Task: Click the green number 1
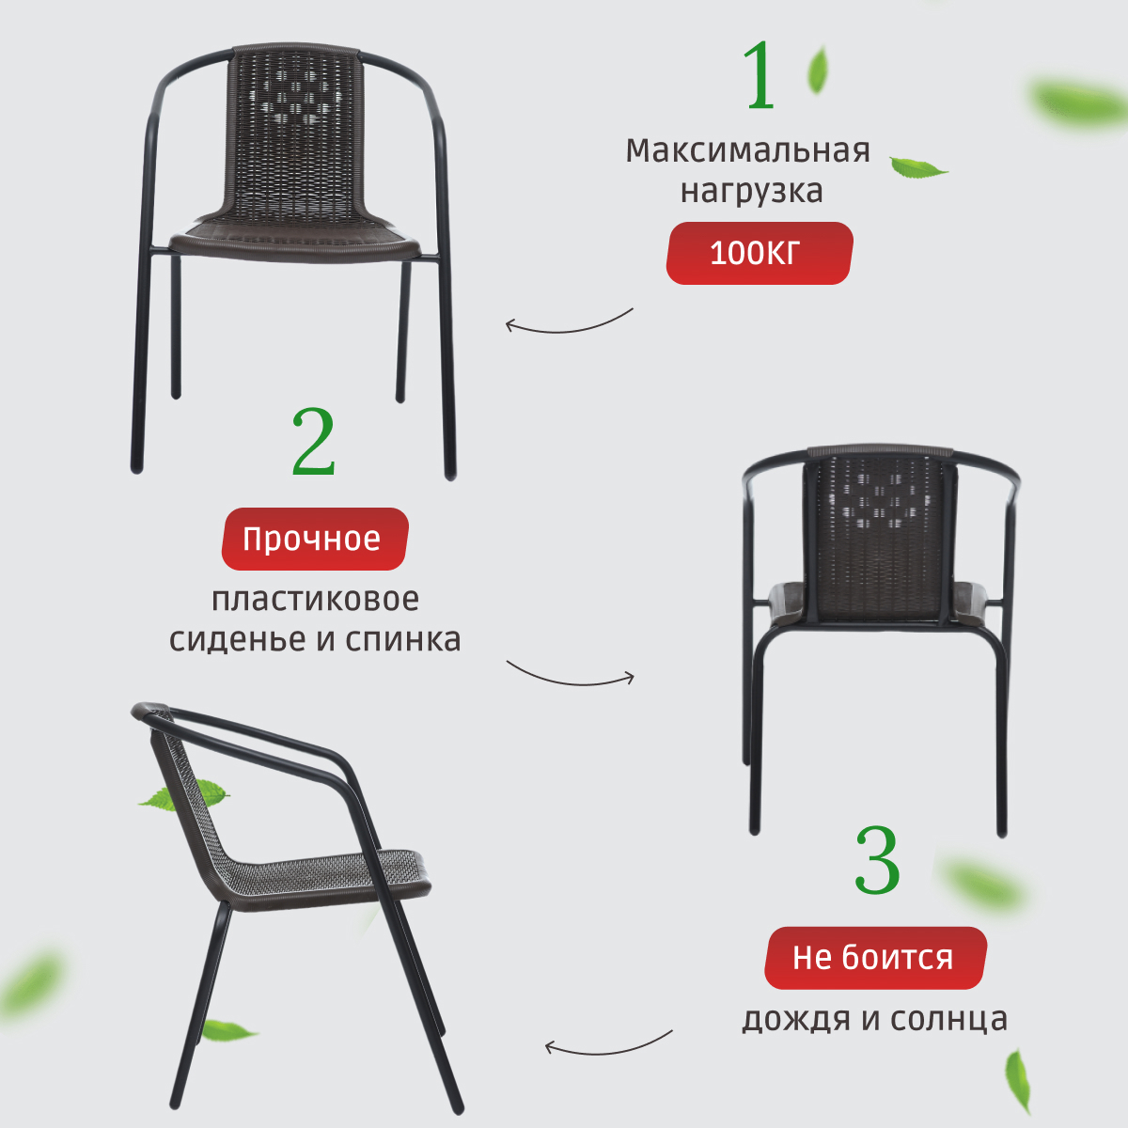(760, 75)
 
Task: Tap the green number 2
(314, 442)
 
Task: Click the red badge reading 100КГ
(760, 253)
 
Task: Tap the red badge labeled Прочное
(315, 539)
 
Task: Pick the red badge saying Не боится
(876, 958)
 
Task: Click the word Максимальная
(747, 150)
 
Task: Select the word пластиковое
(315, 600)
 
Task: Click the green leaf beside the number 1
(819, 69)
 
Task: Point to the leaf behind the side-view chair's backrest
(184, 795)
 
